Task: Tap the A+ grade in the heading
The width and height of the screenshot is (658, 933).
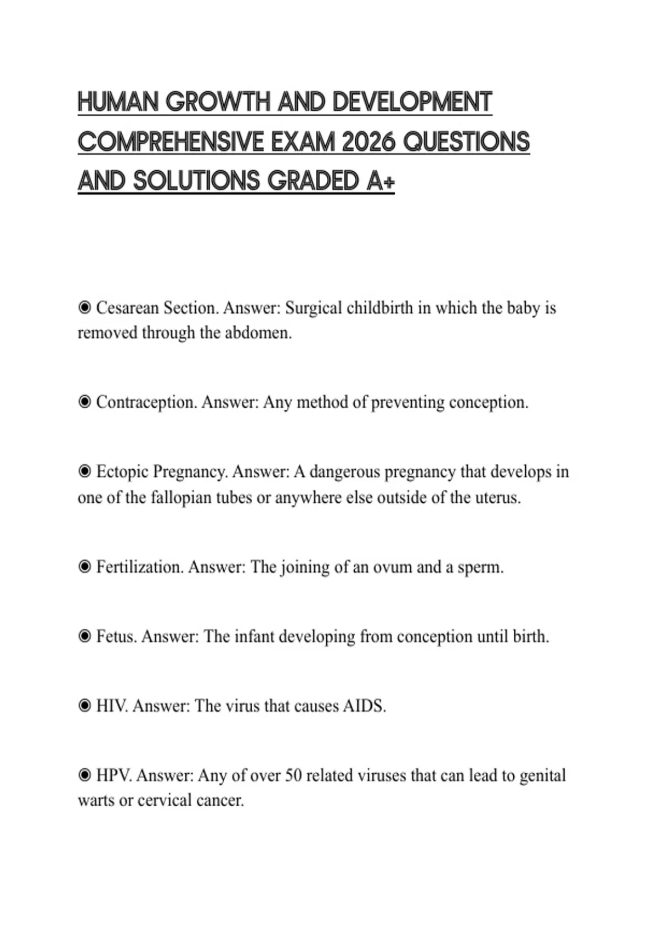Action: click(x=380, y=181)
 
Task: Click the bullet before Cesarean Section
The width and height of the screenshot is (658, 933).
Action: click(x=84, y=308)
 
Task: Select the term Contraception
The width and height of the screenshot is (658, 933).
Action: click(x=146, y=402)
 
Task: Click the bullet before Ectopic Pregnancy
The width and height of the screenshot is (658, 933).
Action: click(x=84, y=471)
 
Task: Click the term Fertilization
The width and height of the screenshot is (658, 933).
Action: click(x=139, y=567)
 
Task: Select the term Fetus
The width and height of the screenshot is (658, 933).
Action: click(x=115, y=637)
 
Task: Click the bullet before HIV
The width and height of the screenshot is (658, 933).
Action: click(x=84, y=706)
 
